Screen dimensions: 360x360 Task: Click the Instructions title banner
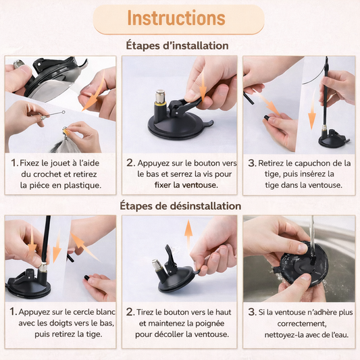(178, 20)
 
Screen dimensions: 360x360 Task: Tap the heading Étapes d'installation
(177, 45)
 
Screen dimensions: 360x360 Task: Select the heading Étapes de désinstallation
(180, 206)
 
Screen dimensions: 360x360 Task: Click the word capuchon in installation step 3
(312, 163)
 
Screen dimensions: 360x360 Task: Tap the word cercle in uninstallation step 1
(80, 312)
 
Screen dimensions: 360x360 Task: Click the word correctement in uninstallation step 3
(302, 324)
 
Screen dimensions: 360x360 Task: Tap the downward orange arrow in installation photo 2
(203, 86)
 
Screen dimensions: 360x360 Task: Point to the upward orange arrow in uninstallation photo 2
(188, 236)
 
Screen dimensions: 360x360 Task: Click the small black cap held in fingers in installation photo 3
(267, 118)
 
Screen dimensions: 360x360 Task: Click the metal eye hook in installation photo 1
(53, 114)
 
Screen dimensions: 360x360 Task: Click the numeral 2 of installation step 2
(130, 163)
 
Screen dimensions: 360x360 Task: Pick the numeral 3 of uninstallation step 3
(252, 312)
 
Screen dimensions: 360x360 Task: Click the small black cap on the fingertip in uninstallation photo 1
(86, 278)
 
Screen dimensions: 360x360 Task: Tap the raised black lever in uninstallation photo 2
(170, 258)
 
